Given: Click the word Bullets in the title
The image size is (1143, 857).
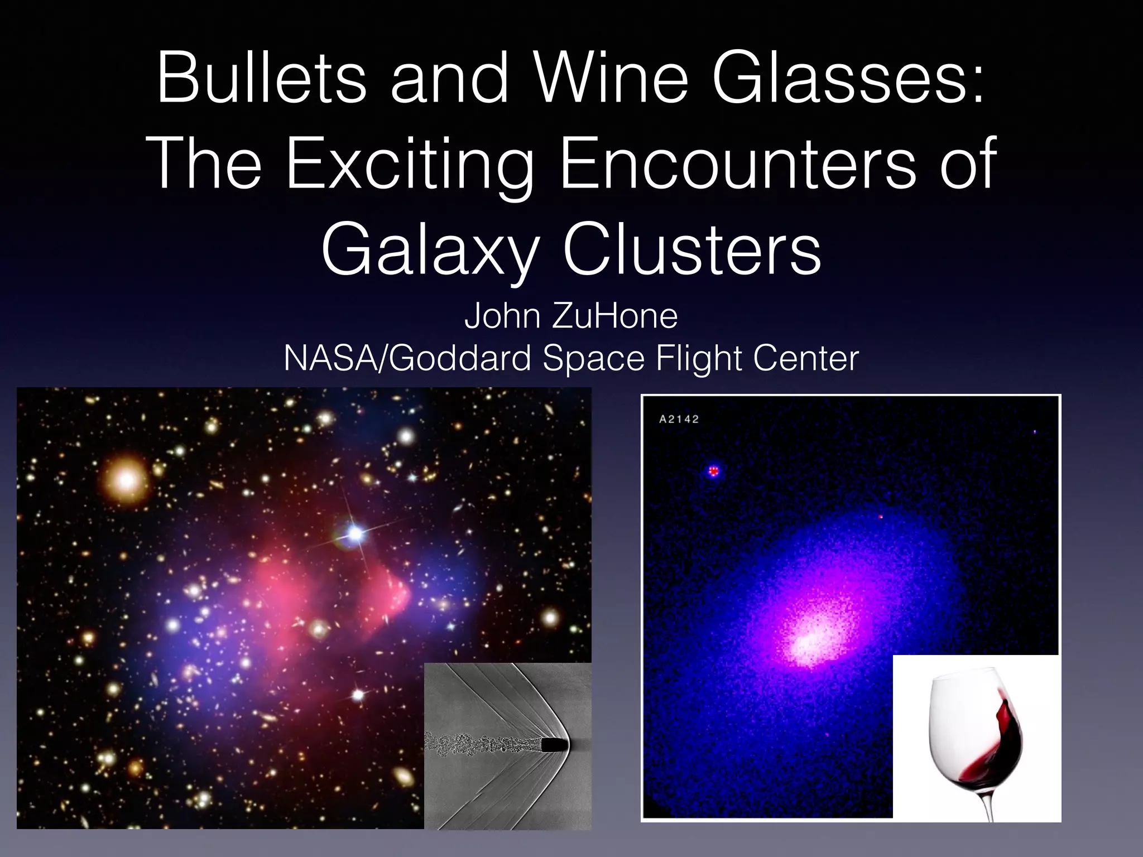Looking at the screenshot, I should [261, 79].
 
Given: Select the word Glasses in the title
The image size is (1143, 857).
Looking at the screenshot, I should [847, 79].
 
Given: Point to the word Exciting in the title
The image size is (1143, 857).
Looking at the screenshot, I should [410, 165].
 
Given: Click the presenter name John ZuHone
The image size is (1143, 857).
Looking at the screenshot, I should [571, 316].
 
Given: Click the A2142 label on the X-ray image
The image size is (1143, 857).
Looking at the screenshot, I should [679, 419].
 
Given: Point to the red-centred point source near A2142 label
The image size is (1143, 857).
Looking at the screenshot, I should [713, 471].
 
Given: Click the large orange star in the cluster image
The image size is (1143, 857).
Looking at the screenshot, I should [127, 479].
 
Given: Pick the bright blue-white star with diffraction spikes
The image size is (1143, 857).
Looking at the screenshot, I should [355, 534].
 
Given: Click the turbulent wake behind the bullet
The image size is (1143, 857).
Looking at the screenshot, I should [480, 742].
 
